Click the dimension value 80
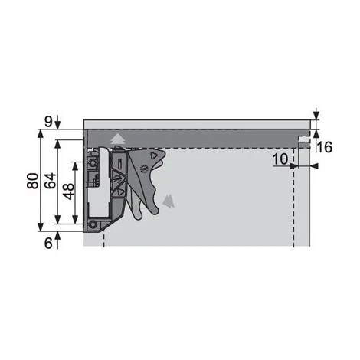(33, 181)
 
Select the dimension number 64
(50, 181)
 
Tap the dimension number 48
(69, 191)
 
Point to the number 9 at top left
(48, 122)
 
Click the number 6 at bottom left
(48, 243)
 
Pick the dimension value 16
(325, 147)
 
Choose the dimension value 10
(280, 159)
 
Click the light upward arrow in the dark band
(118, 139)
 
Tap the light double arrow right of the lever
(169, 201)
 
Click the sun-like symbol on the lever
(144, 169)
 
